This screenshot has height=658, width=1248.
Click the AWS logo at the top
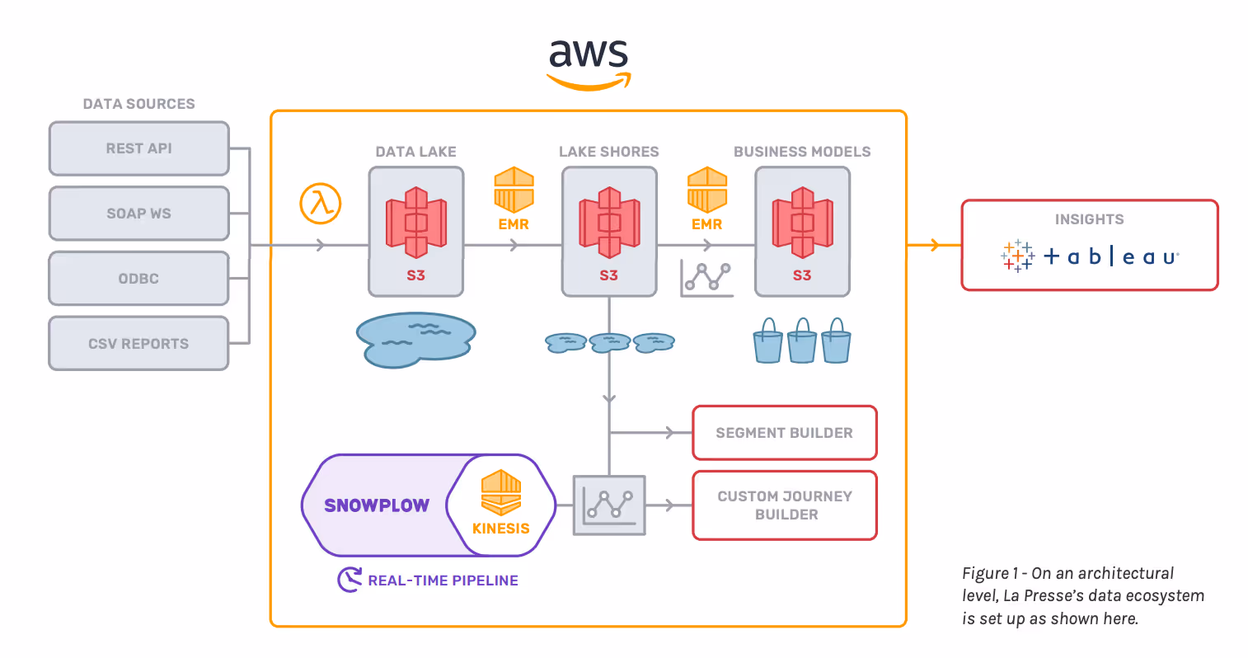[x=589, y=63]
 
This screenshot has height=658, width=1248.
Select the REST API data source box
[x=139, y=148]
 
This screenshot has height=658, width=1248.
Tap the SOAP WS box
[x=139, y=214]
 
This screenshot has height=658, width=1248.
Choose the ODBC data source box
[x=139, y=279]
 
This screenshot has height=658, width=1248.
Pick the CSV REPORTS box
[x=139, y=344]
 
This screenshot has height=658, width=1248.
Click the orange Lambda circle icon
[x=321, y=204]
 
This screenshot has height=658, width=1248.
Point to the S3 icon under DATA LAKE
[x=416, y=223]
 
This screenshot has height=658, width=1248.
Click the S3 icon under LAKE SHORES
[x=609, y=223]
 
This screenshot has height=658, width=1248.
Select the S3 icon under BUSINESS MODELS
[x=802, y=223]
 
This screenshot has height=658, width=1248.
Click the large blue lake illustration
[x=415, y=340]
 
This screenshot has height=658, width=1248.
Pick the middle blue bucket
[x=802, y=341]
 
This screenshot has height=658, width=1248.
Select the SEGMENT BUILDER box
[x=785, y=433]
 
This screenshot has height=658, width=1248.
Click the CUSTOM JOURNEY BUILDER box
[x=785, y=505]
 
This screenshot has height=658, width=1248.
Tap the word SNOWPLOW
[x=377, y=506]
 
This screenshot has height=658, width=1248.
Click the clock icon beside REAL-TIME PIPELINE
[x=350, y=580]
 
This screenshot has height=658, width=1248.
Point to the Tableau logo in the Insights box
[x=1090, y=256]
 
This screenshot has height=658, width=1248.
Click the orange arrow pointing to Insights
[x=934, y=245]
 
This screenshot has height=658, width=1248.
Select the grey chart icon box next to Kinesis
[x=609, y=505]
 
